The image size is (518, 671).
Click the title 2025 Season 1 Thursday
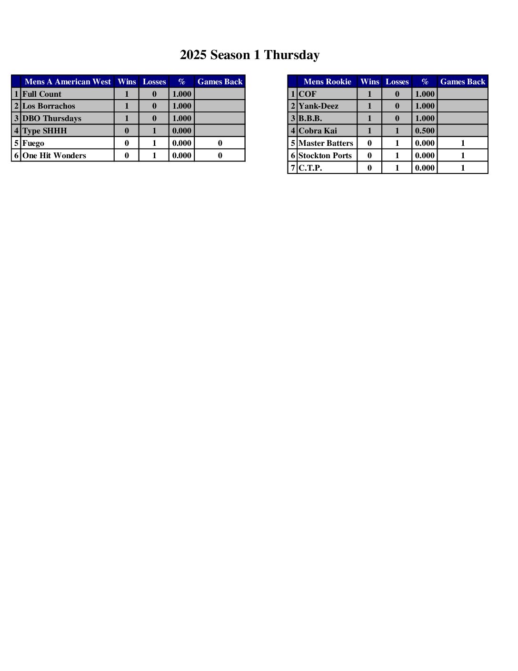click(x=249, y=55)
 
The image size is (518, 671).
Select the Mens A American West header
click(x=68, y=81)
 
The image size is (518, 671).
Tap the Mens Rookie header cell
click(x=327, y=81)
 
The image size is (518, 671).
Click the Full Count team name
click(x=42, y=94)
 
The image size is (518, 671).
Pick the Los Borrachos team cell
click(x=49, y=106)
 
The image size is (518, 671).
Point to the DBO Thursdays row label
click(x=52, y=119)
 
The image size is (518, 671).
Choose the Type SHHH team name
click(x=45, y=131)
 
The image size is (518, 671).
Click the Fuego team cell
click(x=33, y=143)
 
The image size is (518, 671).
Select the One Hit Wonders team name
click(x=54, y=156)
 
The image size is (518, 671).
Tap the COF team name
click(x=308, y=94)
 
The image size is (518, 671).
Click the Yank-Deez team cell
click(x=319, y=106)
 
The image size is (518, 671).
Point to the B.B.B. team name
click(x=310, y=119)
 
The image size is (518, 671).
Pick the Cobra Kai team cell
click(x=318, y=131)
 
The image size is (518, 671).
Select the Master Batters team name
click(x=326, y=143)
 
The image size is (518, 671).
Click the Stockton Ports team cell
click(x=325, y=156)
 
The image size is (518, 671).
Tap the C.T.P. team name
click(x=310, y=168)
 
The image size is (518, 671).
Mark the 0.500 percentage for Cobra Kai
click(x=425, y=131)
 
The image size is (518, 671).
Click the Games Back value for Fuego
click(x=220, y=143)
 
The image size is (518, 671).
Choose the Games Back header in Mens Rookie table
click(x=463, y=81)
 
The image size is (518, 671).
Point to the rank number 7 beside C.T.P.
click(x=293, y=168)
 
